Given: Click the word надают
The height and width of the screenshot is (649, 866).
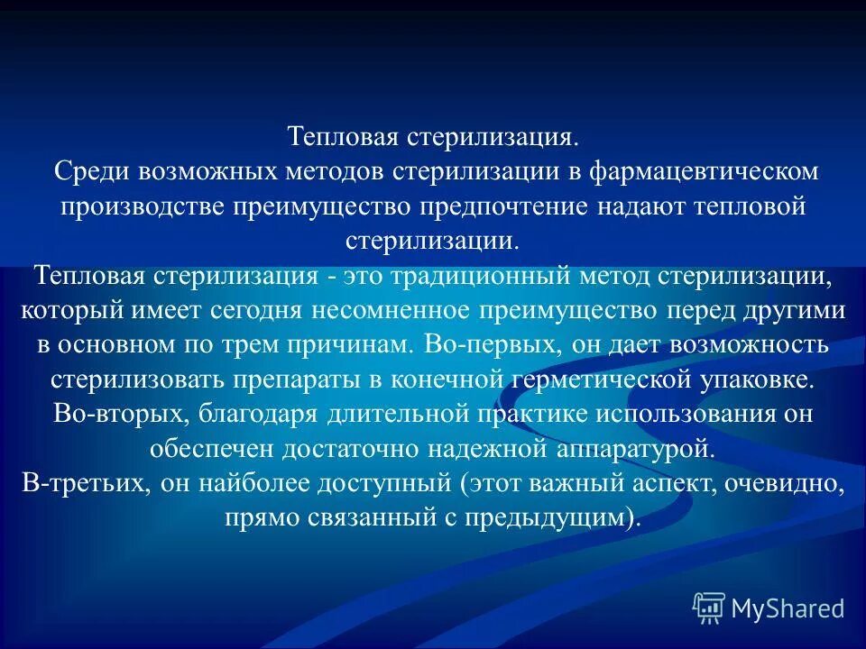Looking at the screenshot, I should point(644,206).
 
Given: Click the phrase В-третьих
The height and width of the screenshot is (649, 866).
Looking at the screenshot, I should point(84,483).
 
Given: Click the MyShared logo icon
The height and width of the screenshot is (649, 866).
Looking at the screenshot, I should point(708,608).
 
